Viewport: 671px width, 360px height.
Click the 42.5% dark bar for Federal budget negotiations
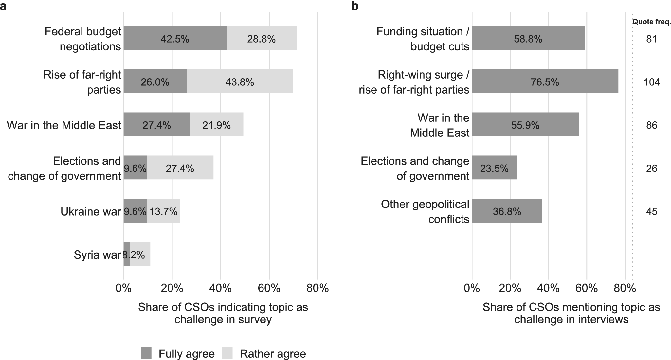(x=175, y=38)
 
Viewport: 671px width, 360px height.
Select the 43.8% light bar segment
(x=240, y=81)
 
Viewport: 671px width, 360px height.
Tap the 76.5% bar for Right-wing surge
(x=545, y=81)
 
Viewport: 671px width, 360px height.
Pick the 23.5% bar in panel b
(x=495, y=168)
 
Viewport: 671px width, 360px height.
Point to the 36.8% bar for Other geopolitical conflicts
(x=507, y=211)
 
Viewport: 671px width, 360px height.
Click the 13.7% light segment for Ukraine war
(x=164, y=211)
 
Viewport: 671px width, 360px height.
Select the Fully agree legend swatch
(x=146, y=353)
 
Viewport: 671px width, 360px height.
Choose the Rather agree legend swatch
(x=227, y=353)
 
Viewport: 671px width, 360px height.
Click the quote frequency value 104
(x=652, y=82)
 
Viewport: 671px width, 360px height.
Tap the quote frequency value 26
(x=652, y=168)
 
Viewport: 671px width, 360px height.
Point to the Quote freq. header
(x=652, y=22)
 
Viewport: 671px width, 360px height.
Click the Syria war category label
(x=97, y=255)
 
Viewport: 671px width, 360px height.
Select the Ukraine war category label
(x=91, y=211)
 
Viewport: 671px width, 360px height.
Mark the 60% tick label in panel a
(x=269, y=288)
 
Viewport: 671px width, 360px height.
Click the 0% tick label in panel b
(x=472, y=288)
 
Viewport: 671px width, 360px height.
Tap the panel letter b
(x=355, y=6)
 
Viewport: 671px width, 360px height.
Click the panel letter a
(x=3, y=7)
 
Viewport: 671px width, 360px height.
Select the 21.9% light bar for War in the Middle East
(x=217, y=124)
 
